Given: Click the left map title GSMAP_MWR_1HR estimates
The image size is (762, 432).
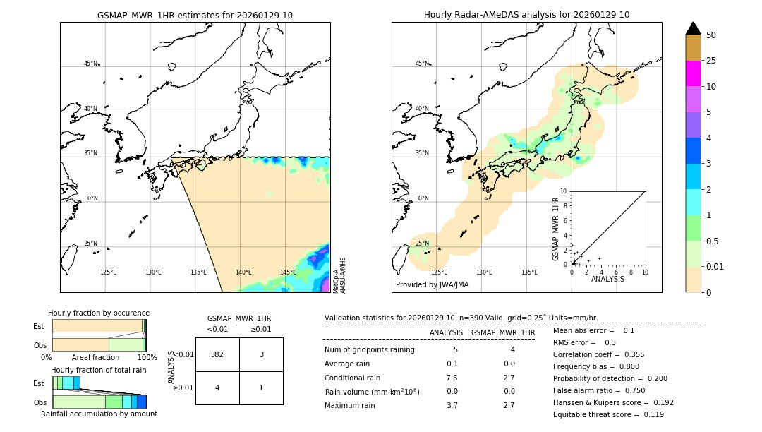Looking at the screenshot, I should tap(195, 15).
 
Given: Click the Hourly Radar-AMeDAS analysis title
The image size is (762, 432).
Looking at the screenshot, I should tap(526, 15).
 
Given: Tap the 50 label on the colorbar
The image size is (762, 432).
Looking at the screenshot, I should tap(711, 35).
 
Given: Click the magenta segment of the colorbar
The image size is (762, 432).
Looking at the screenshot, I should tap(694, 73).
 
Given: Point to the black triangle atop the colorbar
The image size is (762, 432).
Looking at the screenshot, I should tap(694, 28).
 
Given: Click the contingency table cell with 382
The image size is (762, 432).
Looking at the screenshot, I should tap(217, 354).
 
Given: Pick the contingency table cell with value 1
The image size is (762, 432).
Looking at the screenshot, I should tap(261, 388).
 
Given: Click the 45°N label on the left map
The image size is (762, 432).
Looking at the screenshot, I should tap(90, 64).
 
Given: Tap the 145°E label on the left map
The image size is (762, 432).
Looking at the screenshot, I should tap(288, 272).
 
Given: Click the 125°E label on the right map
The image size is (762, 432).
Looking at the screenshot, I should tap(439, 272).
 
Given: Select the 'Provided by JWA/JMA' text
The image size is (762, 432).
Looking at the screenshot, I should tap(432, 285).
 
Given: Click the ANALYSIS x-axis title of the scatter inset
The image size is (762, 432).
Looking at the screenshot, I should tap(607, 279).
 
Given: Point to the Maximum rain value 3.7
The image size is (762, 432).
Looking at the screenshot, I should tap(452, 405).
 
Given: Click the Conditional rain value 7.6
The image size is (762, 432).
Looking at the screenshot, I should tap(452, 377).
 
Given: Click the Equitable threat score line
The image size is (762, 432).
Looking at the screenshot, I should tap(608, 414).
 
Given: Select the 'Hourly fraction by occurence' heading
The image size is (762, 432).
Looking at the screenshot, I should tap(99, 313).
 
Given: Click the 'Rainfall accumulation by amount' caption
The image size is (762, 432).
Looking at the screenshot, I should tap(99, 414).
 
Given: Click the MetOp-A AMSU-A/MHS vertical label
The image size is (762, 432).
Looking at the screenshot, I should tap(339, 275).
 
